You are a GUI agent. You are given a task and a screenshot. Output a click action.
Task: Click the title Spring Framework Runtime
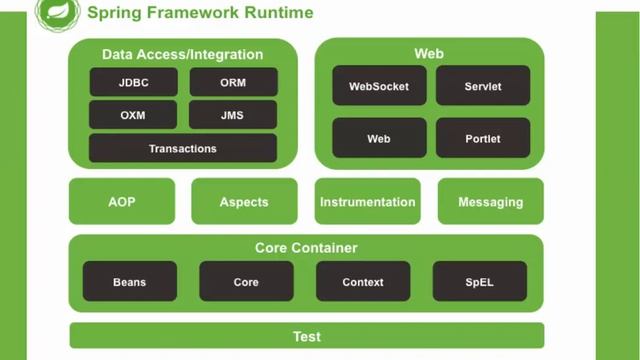coord(199,13)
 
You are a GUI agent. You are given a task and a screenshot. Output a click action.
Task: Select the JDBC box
coord(133,83)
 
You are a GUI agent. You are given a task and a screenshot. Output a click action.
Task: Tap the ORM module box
coord(232,83)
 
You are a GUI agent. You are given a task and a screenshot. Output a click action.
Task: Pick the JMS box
coord(232,115)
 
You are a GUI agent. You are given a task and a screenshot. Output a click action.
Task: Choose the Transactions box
coord(182,148)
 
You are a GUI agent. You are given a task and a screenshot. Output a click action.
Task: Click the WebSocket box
coord(379,87)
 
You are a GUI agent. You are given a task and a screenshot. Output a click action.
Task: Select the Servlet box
coord(482,87)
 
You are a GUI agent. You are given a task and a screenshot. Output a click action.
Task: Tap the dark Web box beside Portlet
coord(379,139)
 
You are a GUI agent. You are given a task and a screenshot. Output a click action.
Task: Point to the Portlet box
coord(482,139)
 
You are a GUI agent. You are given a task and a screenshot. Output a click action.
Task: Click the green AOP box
coord(121,201)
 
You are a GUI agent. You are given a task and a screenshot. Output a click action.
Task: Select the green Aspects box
coord(244,201)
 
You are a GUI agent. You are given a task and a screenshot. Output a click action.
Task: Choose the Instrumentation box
coord(367,201)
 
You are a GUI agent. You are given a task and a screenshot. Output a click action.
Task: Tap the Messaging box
coord(490,201)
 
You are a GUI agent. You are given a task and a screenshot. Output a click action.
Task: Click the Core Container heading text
coord(306,248)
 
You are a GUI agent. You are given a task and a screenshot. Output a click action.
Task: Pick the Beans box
coord(129,282)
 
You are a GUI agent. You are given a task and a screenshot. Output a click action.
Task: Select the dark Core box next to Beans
coord(246,282)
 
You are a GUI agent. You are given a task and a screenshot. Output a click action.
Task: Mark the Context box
coord(363,282)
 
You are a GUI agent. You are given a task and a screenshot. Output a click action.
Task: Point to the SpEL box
coord(479,282)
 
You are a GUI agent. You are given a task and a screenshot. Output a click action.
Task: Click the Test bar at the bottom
coord(306,336)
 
